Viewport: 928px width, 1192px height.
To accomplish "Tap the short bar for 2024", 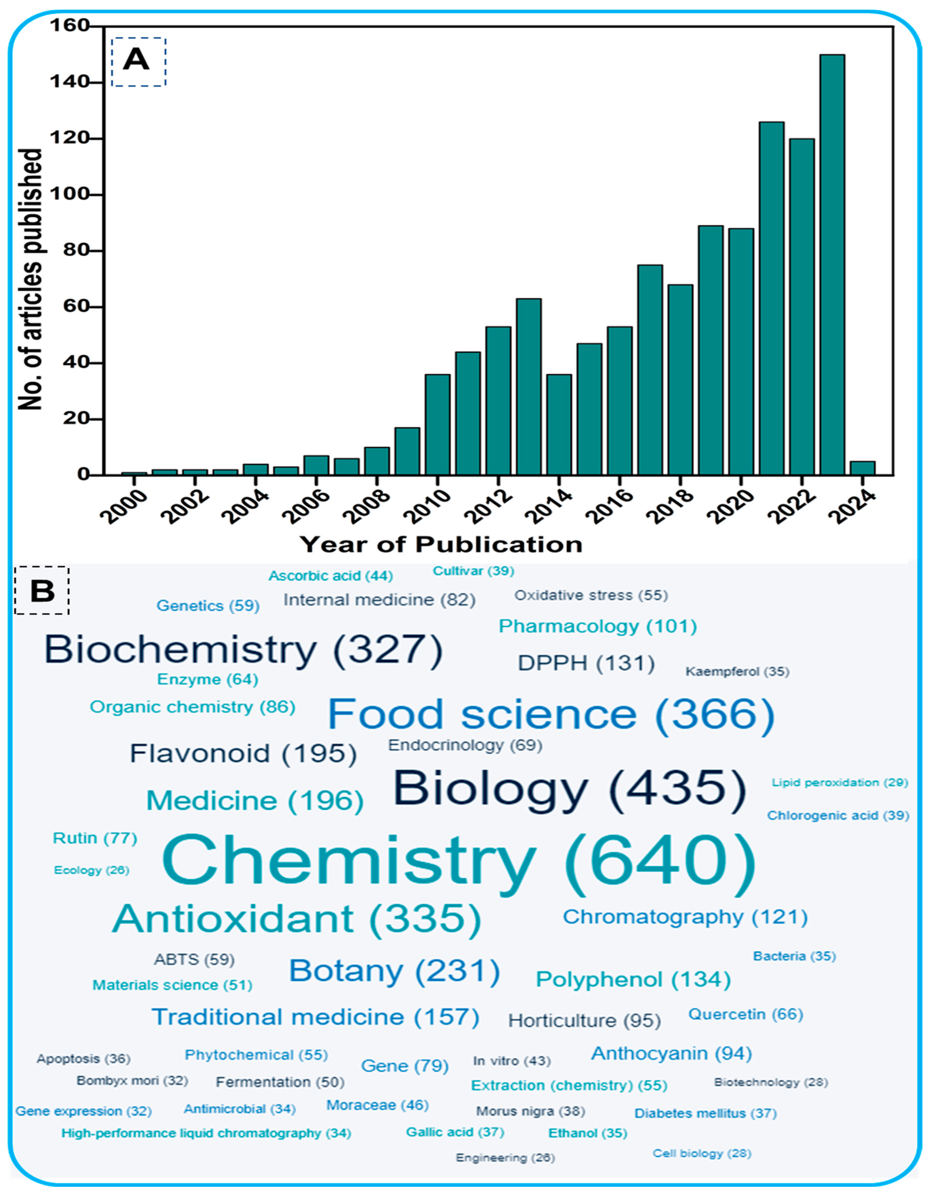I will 863,468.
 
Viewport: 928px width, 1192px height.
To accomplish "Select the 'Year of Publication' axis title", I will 441,545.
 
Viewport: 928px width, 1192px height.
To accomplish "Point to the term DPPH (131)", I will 586,663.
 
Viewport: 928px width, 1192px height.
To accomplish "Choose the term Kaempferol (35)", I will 737,671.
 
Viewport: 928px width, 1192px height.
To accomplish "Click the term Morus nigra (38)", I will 530,1111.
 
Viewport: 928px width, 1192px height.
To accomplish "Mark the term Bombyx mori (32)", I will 132,1081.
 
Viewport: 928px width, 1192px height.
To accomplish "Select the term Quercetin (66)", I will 745,1014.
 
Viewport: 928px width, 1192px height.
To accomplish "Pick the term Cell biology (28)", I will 702,1153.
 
